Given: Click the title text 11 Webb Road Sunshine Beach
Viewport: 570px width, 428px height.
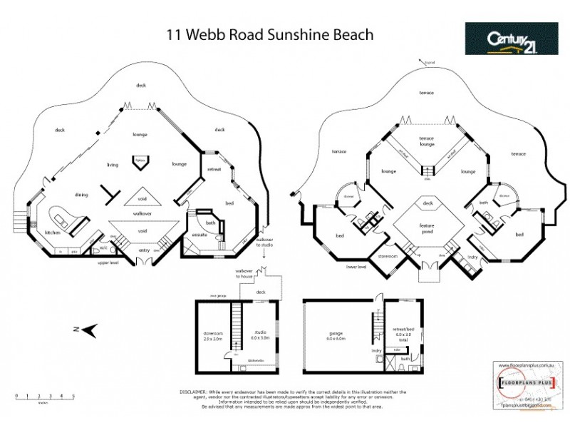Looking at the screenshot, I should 269,34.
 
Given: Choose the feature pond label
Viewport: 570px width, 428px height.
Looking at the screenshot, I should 427,227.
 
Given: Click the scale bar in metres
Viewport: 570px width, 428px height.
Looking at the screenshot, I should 44,397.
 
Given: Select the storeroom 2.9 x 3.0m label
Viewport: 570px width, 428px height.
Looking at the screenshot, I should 213,336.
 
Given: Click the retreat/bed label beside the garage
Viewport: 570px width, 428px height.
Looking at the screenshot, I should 404,332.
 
